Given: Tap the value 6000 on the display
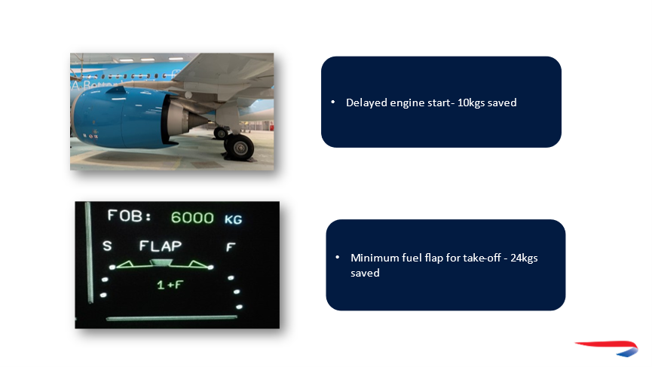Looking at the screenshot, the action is (192, 218).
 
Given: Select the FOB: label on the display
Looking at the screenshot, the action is (130, 216).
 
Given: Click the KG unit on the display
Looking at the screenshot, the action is (233, 219).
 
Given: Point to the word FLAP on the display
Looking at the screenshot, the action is (160, 246).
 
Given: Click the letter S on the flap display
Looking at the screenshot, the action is (107, 246).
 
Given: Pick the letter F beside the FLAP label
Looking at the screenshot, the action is (231, 248).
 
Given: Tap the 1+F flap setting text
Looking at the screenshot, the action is (170, 285).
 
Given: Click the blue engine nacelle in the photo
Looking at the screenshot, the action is (121, 118).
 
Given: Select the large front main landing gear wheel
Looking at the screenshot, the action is (239, 146).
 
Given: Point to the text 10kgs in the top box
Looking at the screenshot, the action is (470, 103).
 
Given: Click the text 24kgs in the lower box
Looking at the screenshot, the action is (524, 258).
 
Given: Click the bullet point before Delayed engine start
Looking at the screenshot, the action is (332, 102).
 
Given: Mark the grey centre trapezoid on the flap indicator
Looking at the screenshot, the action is (161, 262).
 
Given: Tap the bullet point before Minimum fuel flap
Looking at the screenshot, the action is (337, 257).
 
